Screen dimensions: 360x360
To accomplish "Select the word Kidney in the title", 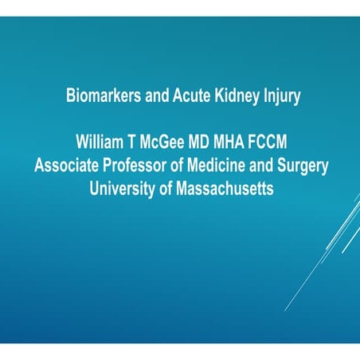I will coord(228,98).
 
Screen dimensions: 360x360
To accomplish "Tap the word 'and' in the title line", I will coord(149,98).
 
